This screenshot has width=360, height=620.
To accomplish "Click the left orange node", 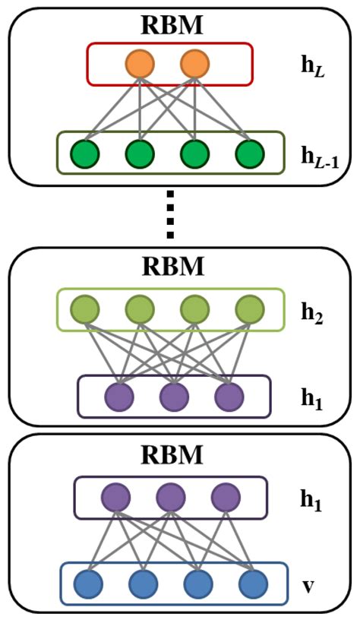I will click(140, 64).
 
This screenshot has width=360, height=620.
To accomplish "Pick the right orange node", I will click(194, 64).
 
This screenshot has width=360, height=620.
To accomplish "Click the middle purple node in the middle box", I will click(174, 396).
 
